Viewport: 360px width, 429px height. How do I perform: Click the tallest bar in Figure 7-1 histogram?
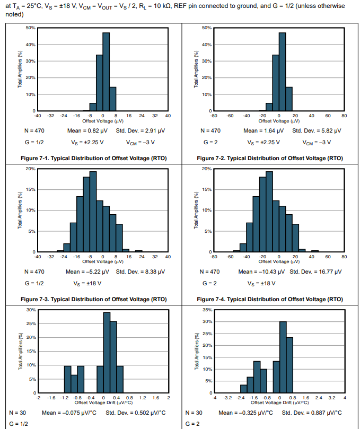[106, 72]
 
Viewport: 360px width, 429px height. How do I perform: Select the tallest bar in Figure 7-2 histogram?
[282, 72]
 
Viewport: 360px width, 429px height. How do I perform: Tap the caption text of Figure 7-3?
[93, 299]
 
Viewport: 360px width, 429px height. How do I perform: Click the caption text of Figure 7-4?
[269, 299]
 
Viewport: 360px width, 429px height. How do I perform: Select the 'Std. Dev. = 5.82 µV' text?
[317, 130]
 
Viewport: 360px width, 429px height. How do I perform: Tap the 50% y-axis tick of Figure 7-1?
[30, 28]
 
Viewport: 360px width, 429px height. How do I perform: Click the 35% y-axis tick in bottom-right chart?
[207, 309]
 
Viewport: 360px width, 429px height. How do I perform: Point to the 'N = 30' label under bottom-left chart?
[18, 413]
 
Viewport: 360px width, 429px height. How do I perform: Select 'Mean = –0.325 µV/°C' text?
[245, 413]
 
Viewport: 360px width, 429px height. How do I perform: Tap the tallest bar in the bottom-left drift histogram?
[107, 352]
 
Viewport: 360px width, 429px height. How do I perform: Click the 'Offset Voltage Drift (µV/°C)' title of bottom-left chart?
[103, 402]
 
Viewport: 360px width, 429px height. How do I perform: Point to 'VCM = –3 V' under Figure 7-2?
[317, 142]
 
